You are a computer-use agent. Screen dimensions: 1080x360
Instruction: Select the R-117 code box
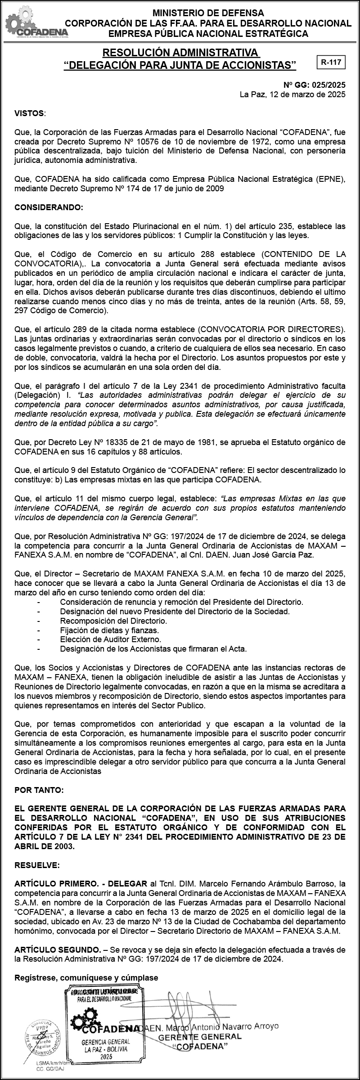330,63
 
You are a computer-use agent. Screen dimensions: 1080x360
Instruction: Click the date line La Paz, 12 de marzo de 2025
292,94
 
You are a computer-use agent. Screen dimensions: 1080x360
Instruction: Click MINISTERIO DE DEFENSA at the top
208,13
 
